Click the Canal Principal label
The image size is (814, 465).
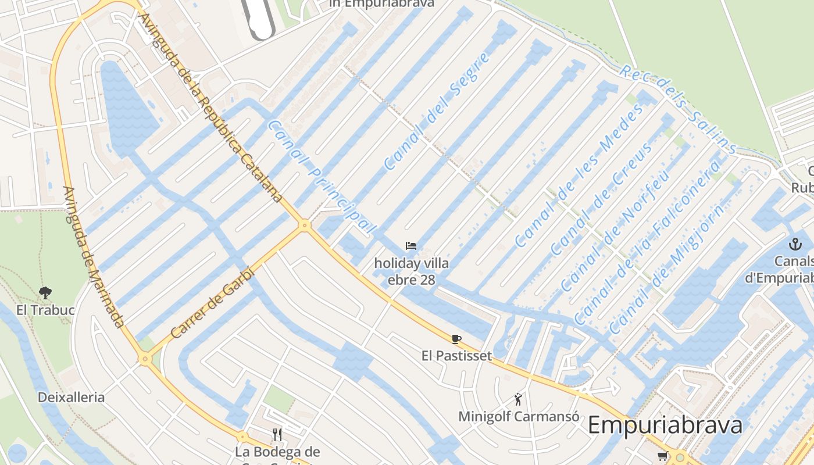pos(322,177)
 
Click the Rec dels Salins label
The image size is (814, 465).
pos(677,109)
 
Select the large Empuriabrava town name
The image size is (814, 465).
pos(665,425)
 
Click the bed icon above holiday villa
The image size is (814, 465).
pos(411,246)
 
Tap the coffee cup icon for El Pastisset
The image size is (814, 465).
pos(456,339)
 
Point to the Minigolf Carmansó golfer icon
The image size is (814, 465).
pos(518,399)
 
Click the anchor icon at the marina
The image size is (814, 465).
pos(795,244)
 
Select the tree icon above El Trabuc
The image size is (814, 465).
pos(45,292)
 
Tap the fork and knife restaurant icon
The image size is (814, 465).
pos(277,434)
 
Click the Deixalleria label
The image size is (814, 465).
pos(71,398)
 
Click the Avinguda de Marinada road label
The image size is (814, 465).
pos(93,256)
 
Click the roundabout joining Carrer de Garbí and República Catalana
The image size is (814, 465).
pos(304,225)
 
